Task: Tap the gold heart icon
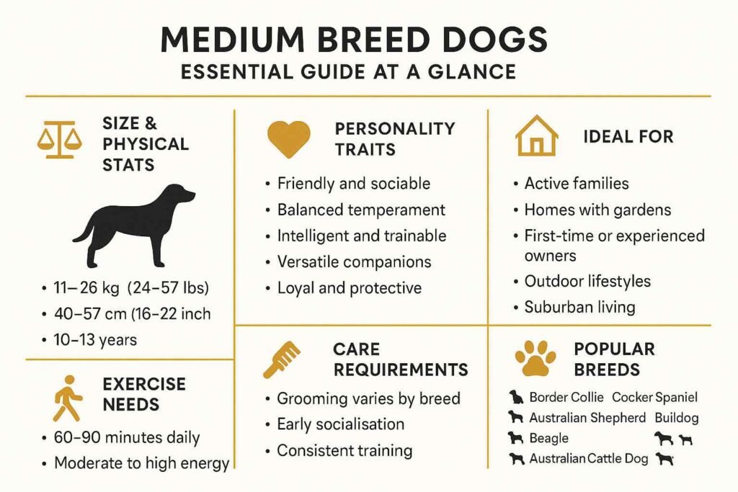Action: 288,138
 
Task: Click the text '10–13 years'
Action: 94,339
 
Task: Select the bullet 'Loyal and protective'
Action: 349,287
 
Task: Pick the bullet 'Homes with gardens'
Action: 597,210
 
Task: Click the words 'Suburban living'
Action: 579,307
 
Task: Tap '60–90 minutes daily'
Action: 127,437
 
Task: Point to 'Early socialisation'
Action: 340,424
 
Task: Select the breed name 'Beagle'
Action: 548,438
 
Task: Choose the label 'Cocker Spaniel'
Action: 654,397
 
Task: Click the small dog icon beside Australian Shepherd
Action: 515,417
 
